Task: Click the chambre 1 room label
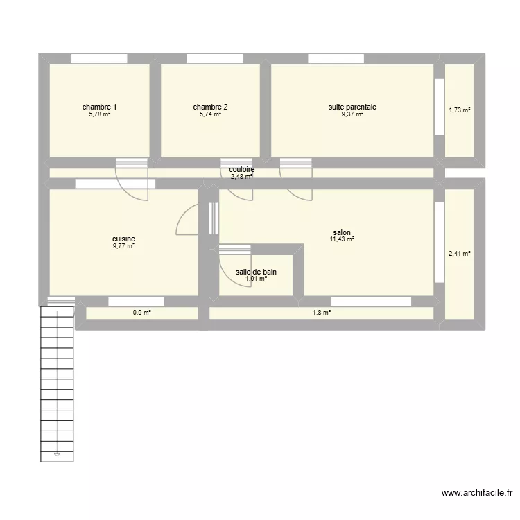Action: [99, 107]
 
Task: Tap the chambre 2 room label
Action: [210, 107]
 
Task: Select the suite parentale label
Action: [352, 107]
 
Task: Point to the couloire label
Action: [241, 169]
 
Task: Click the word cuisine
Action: [123, 239]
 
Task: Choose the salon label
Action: [342, 232]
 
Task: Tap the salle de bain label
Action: [256, 272]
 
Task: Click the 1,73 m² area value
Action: [460, 110]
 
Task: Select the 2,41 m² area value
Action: [460, 254]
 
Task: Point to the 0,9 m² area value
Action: [142, 313]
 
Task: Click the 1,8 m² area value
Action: [322, 313]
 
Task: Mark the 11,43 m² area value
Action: [342, 239]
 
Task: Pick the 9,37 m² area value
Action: [352, 114]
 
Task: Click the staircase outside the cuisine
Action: [57, 381]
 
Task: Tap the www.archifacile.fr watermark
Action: [478, 493]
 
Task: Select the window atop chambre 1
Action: [98, 59]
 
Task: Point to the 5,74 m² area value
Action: [210, 114]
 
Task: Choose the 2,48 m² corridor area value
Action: [241, 176]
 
